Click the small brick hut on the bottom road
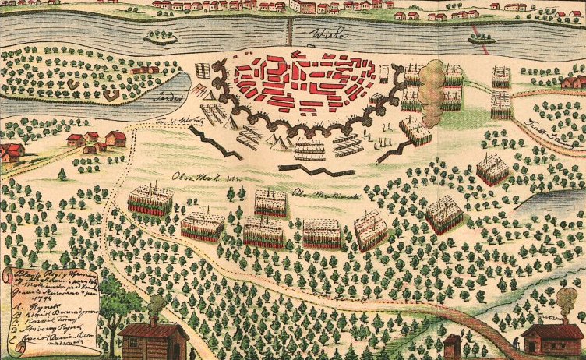[453, 344]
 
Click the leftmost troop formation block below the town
[150, 199]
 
